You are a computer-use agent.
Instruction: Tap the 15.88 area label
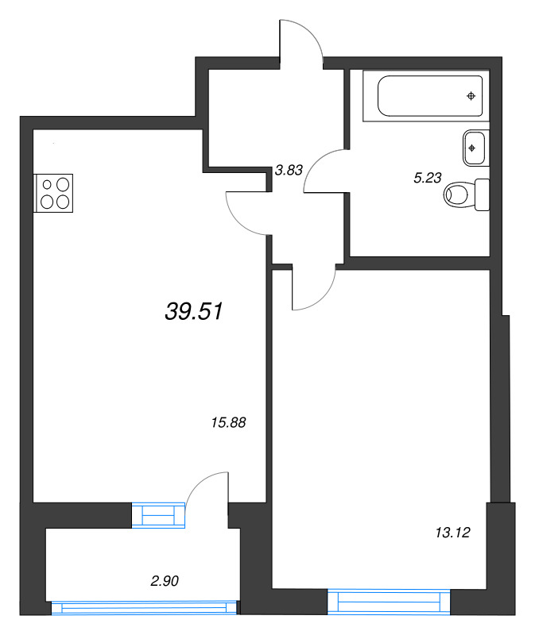228,423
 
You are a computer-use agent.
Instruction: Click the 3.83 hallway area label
289,169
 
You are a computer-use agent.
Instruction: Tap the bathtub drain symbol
471,96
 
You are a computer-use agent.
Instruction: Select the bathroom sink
475,148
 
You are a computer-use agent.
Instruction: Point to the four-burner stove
53,192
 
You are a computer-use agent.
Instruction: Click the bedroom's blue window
390,602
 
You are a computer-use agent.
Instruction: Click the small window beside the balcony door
157,515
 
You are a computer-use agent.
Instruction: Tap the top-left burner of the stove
47,184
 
